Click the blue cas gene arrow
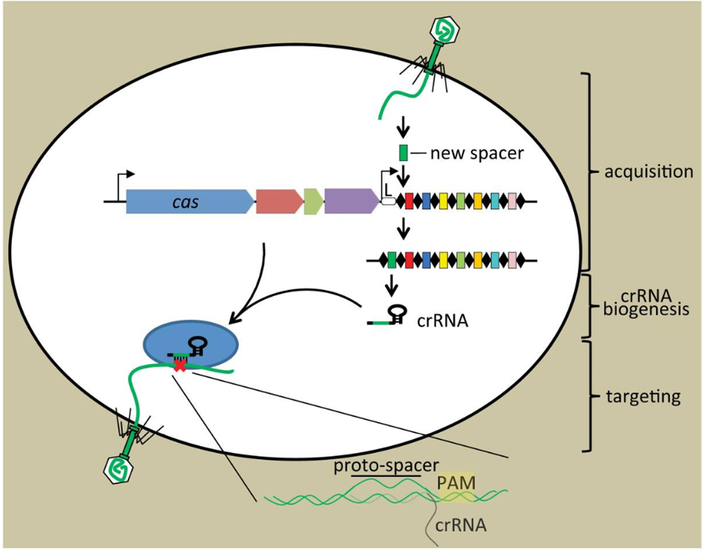tap(189, 201)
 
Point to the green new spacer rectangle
tap(404, 153)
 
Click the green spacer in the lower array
tap(392, 260)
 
